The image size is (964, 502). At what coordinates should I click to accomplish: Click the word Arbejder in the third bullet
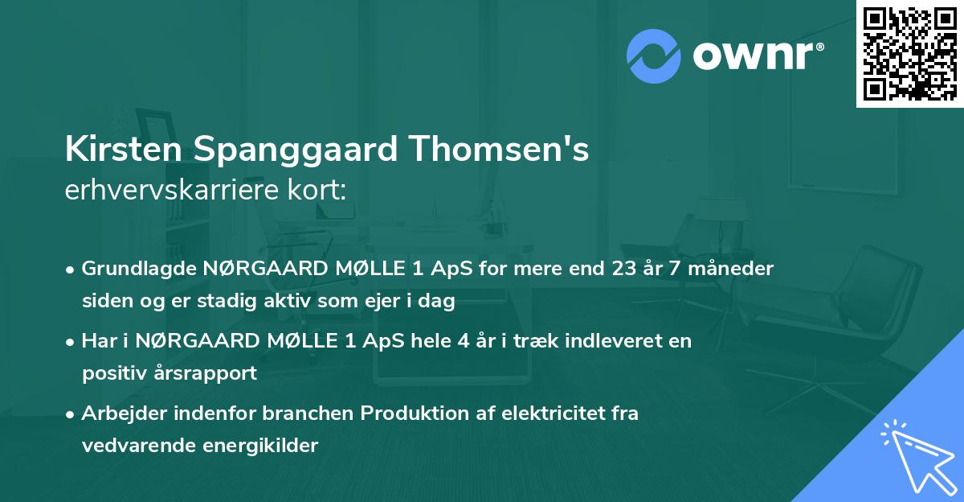point(119,414)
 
